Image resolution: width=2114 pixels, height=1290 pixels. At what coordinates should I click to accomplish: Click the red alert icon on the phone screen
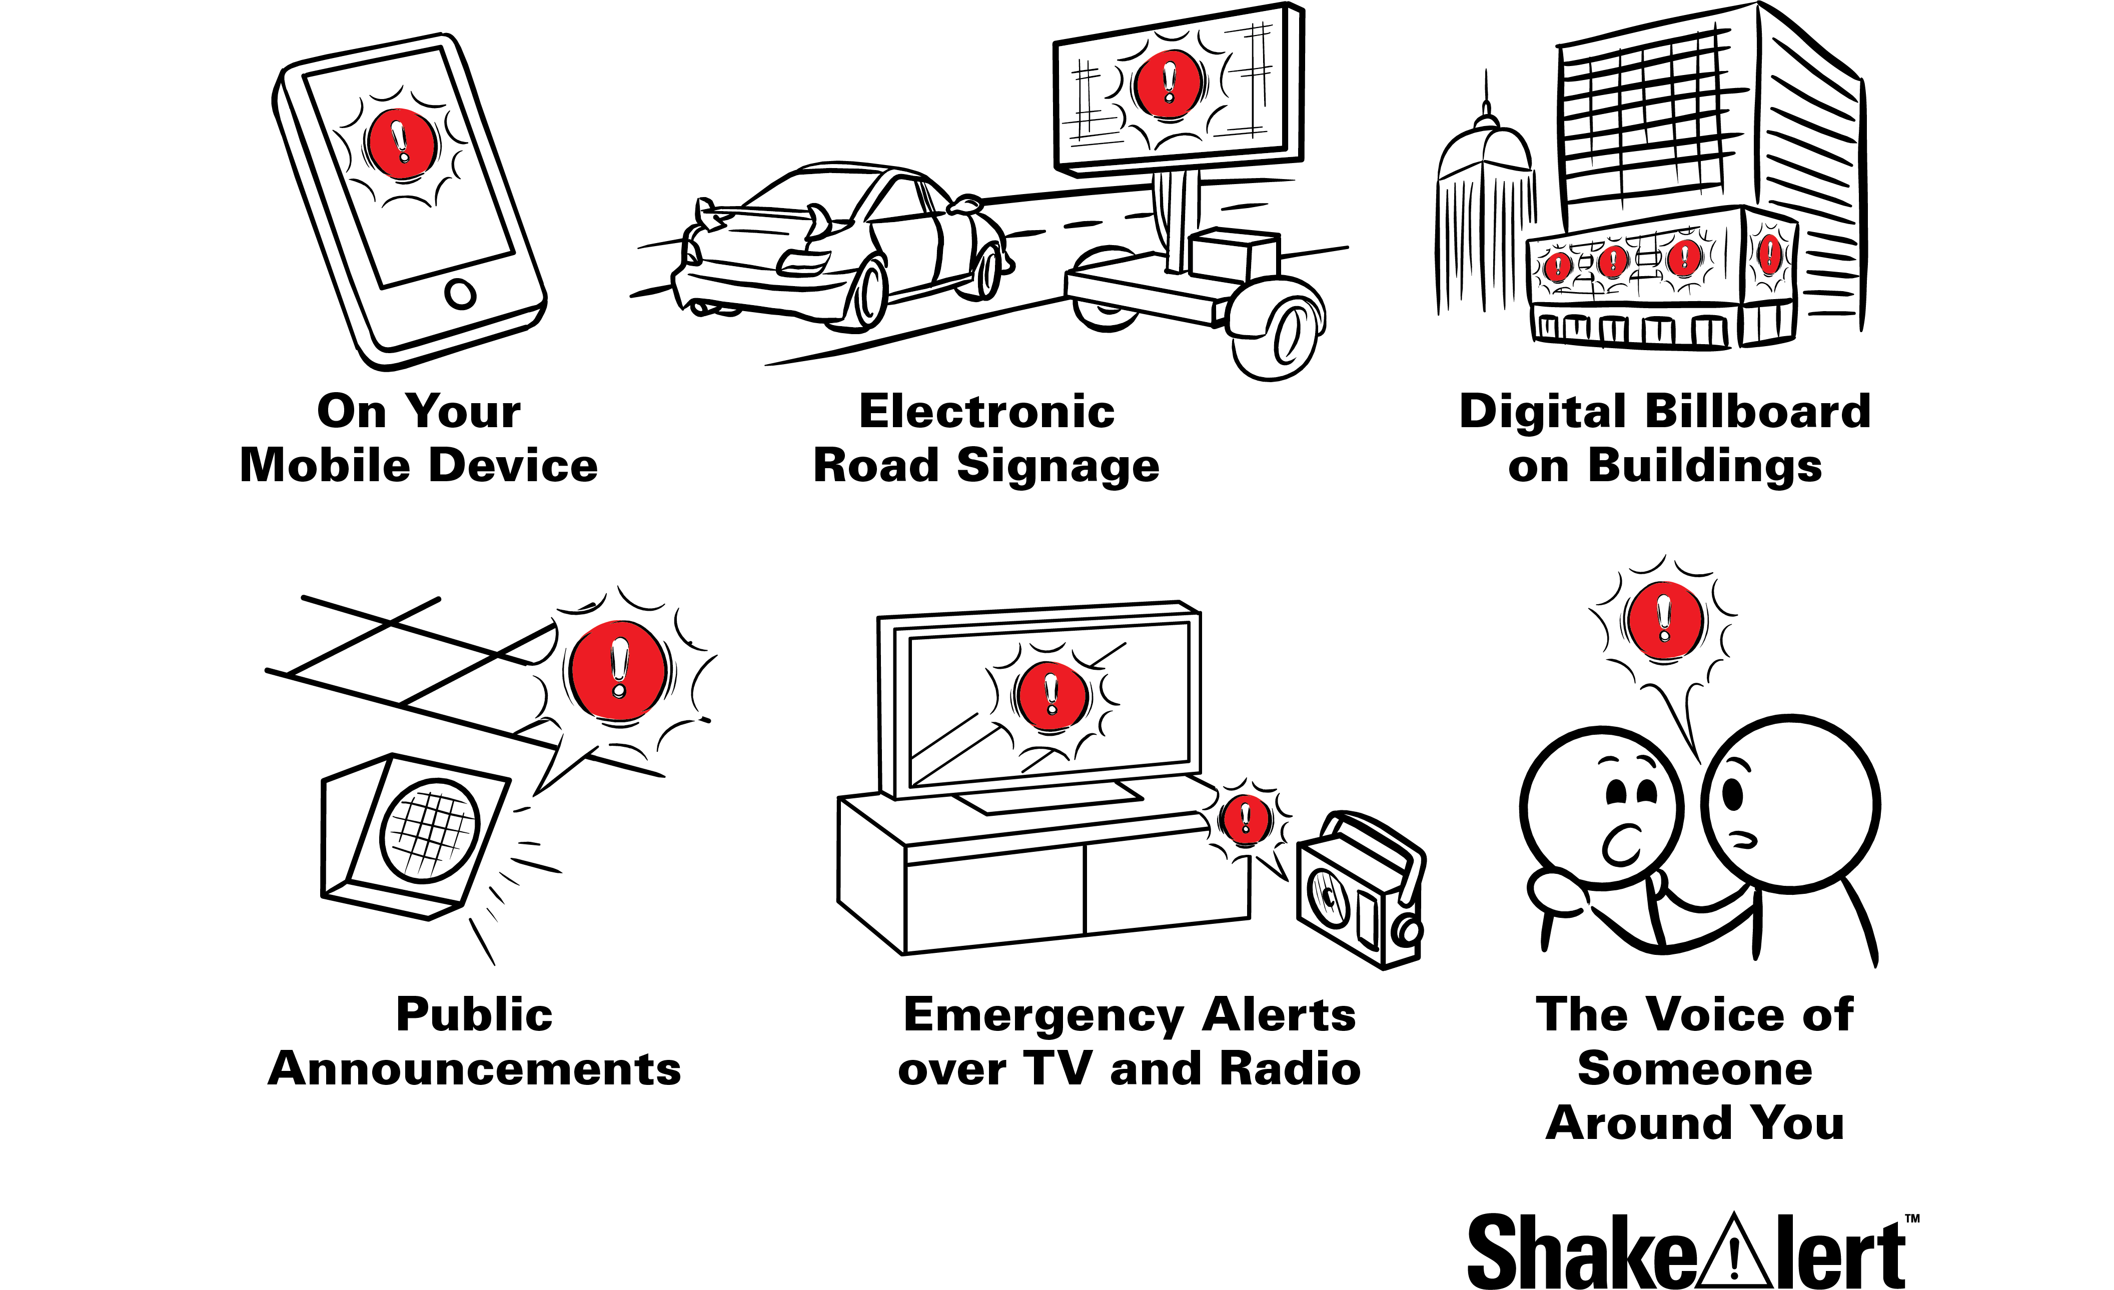coord(400,144)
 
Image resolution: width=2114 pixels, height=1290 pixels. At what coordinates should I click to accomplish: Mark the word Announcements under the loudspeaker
coord(474,1069)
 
